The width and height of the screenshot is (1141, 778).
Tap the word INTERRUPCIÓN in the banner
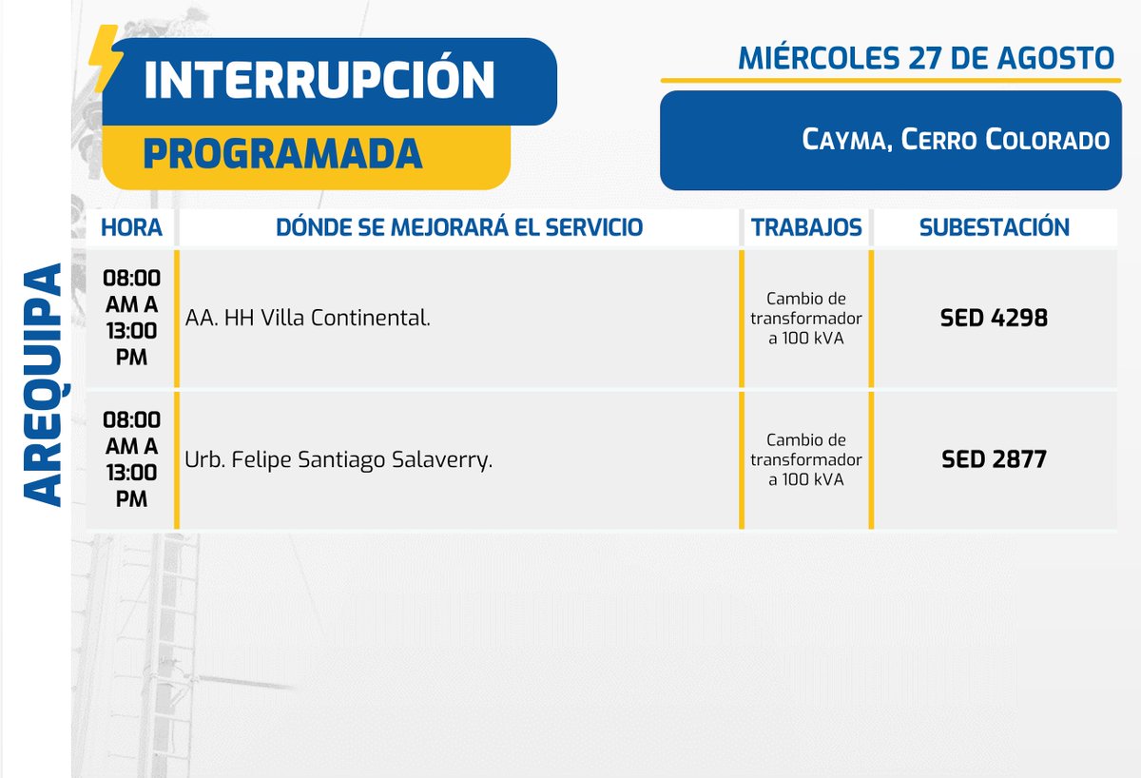coord(319,81)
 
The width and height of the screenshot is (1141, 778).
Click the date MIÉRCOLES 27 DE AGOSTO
coord(925,58)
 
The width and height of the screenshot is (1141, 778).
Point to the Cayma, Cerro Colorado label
coord(956,140)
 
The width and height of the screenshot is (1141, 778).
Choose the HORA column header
coord(131,228)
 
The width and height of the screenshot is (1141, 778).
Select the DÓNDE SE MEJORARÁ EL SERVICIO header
coord(458,228)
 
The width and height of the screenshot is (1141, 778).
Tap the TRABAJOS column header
coord(806,228)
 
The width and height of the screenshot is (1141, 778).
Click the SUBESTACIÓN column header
coord(994,228)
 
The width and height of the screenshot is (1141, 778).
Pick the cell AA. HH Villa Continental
coord(308,319)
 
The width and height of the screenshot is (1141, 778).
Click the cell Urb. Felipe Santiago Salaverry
coord(338,460)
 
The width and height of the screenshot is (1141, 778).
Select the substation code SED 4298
coord(994,319)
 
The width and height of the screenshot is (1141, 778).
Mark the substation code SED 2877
coord(994,460)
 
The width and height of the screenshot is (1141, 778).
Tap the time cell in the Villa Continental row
coord(131,318)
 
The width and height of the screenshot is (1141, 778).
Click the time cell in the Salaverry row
coord(131,459)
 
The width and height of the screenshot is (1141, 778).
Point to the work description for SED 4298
coord(806,319)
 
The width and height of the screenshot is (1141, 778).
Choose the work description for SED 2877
coord(806,460)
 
